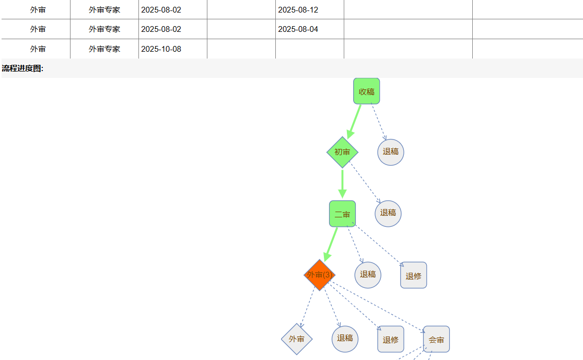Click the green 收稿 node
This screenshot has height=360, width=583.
coord(366,91)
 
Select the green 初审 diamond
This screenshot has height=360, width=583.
coord(342,152)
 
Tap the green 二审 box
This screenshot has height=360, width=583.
coord(342,214)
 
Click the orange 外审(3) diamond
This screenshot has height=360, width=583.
coord(319,275)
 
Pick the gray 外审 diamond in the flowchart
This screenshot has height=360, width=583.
coord(297,339)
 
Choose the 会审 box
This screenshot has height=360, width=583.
coord(436,340)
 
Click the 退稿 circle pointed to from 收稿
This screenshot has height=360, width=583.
coord(391,152)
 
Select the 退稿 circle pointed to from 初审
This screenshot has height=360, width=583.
coord(388,213)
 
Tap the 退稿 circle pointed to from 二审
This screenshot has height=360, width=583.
coord(368,275)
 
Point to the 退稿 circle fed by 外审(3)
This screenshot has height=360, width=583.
coord(345,339)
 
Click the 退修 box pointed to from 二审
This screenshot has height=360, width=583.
coord(413,275)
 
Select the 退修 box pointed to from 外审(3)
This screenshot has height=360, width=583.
coord(391,340)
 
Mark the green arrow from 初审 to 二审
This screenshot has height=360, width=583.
coord(342,183)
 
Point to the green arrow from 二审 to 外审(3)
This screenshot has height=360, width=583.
coord(331,243)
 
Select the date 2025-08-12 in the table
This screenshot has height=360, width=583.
coord(298,10)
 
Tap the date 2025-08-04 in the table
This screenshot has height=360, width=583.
coord(298,29)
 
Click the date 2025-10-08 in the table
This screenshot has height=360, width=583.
coord(161,49)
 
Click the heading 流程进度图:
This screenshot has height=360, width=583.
coord(22,68)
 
